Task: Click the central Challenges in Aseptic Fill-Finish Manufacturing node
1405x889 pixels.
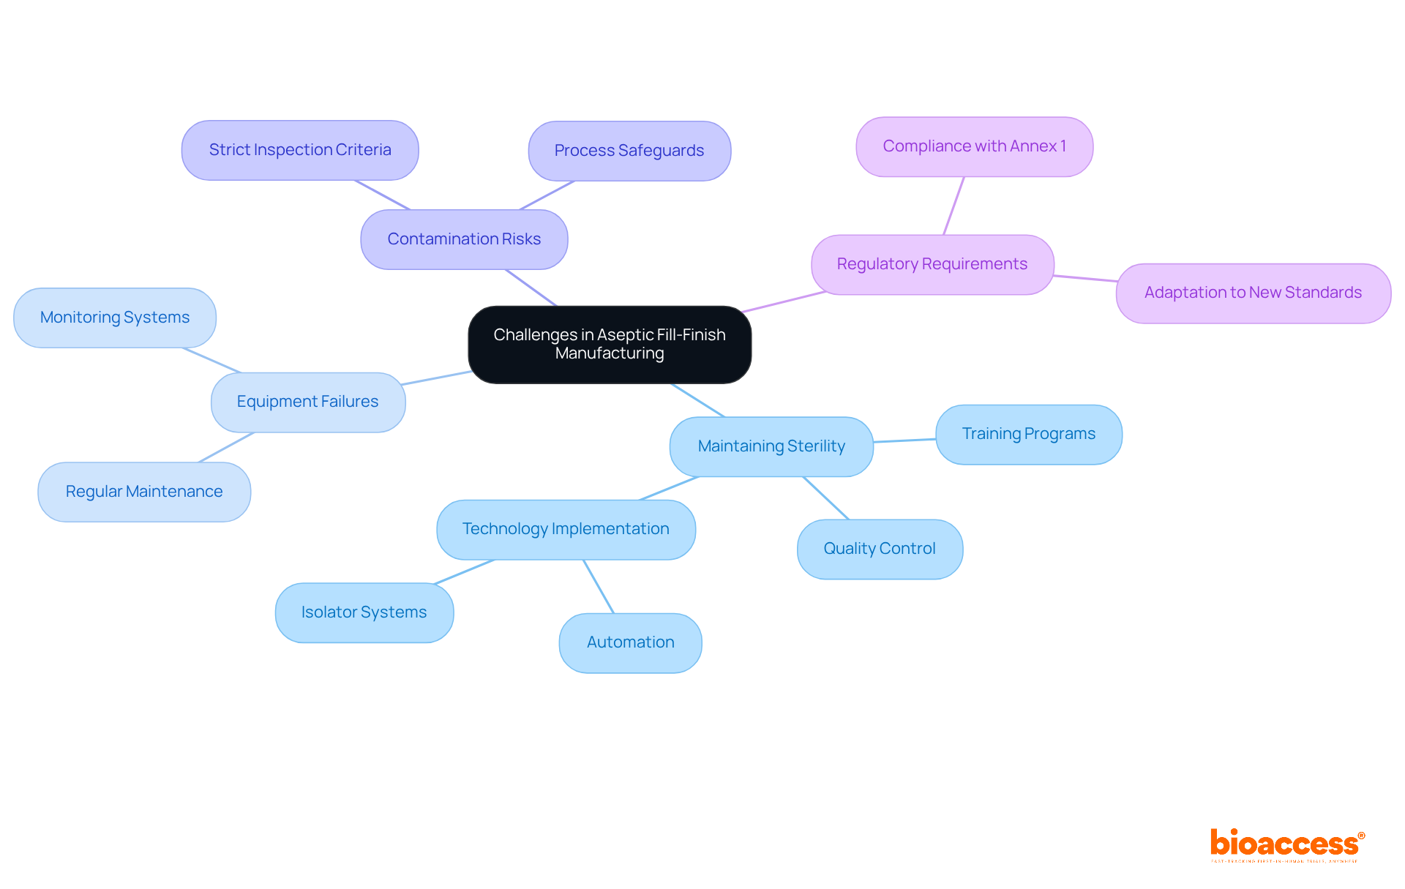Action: (610, 344)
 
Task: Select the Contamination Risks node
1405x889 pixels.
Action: (464, 239)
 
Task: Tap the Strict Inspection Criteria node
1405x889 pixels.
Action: (300, 150)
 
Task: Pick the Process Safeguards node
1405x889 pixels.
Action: (629, 151)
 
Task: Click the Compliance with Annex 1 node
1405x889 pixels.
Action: (974, 146)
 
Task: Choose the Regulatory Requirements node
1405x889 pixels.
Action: (932, 264)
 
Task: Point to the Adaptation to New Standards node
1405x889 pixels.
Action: (1253, 293)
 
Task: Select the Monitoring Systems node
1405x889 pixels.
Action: (115, 318)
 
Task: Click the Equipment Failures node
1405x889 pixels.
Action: (307, 402)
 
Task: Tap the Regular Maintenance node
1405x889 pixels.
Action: (144, 492)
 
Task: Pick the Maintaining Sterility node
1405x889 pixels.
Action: (771, 446)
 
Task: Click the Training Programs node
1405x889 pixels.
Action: (1028, 434)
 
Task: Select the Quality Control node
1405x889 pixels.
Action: (880, 549)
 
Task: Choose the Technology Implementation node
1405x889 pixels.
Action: (566, 529)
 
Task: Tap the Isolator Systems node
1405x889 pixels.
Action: (364, 612)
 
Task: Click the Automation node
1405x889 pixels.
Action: (630, 642)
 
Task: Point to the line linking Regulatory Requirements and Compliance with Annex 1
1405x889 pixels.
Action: (953, 206)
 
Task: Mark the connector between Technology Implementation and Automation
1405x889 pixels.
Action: (599, 586)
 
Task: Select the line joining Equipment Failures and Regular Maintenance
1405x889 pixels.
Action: (226, 447)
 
